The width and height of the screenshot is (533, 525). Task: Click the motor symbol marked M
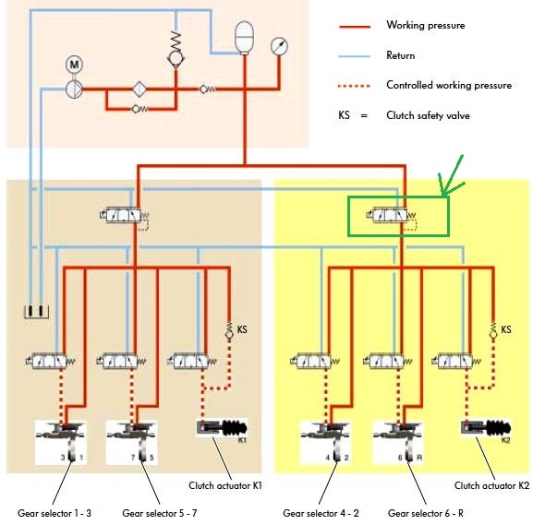point(74,65)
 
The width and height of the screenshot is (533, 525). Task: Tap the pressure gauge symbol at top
point(279,46)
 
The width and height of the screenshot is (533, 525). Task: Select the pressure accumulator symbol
point(244,37)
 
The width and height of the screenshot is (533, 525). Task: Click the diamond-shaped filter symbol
point(139,89)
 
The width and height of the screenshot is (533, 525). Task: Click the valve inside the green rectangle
point(391,216)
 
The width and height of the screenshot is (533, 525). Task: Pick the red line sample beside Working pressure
point(355,26)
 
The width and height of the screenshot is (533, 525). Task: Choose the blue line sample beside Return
point(355,56)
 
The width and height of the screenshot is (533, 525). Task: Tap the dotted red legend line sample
point(355,86)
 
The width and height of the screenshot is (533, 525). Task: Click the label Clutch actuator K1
point(225,485)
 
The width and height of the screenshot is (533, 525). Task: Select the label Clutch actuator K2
point(491,485)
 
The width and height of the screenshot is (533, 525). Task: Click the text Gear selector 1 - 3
point(55,513)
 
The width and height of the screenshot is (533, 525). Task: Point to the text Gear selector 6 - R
point(426,513)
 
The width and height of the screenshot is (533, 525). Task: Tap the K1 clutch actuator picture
point(222,429)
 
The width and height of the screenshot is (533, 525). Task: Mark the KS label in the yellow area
point(506,329)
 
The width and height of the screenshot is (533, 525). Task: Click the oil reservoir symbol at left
point(36,311)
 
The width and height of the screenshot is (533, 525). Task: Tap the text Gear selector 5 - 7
point(160,513)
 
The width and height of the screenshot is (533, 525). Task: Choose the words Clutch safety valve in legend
point(428,116)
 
